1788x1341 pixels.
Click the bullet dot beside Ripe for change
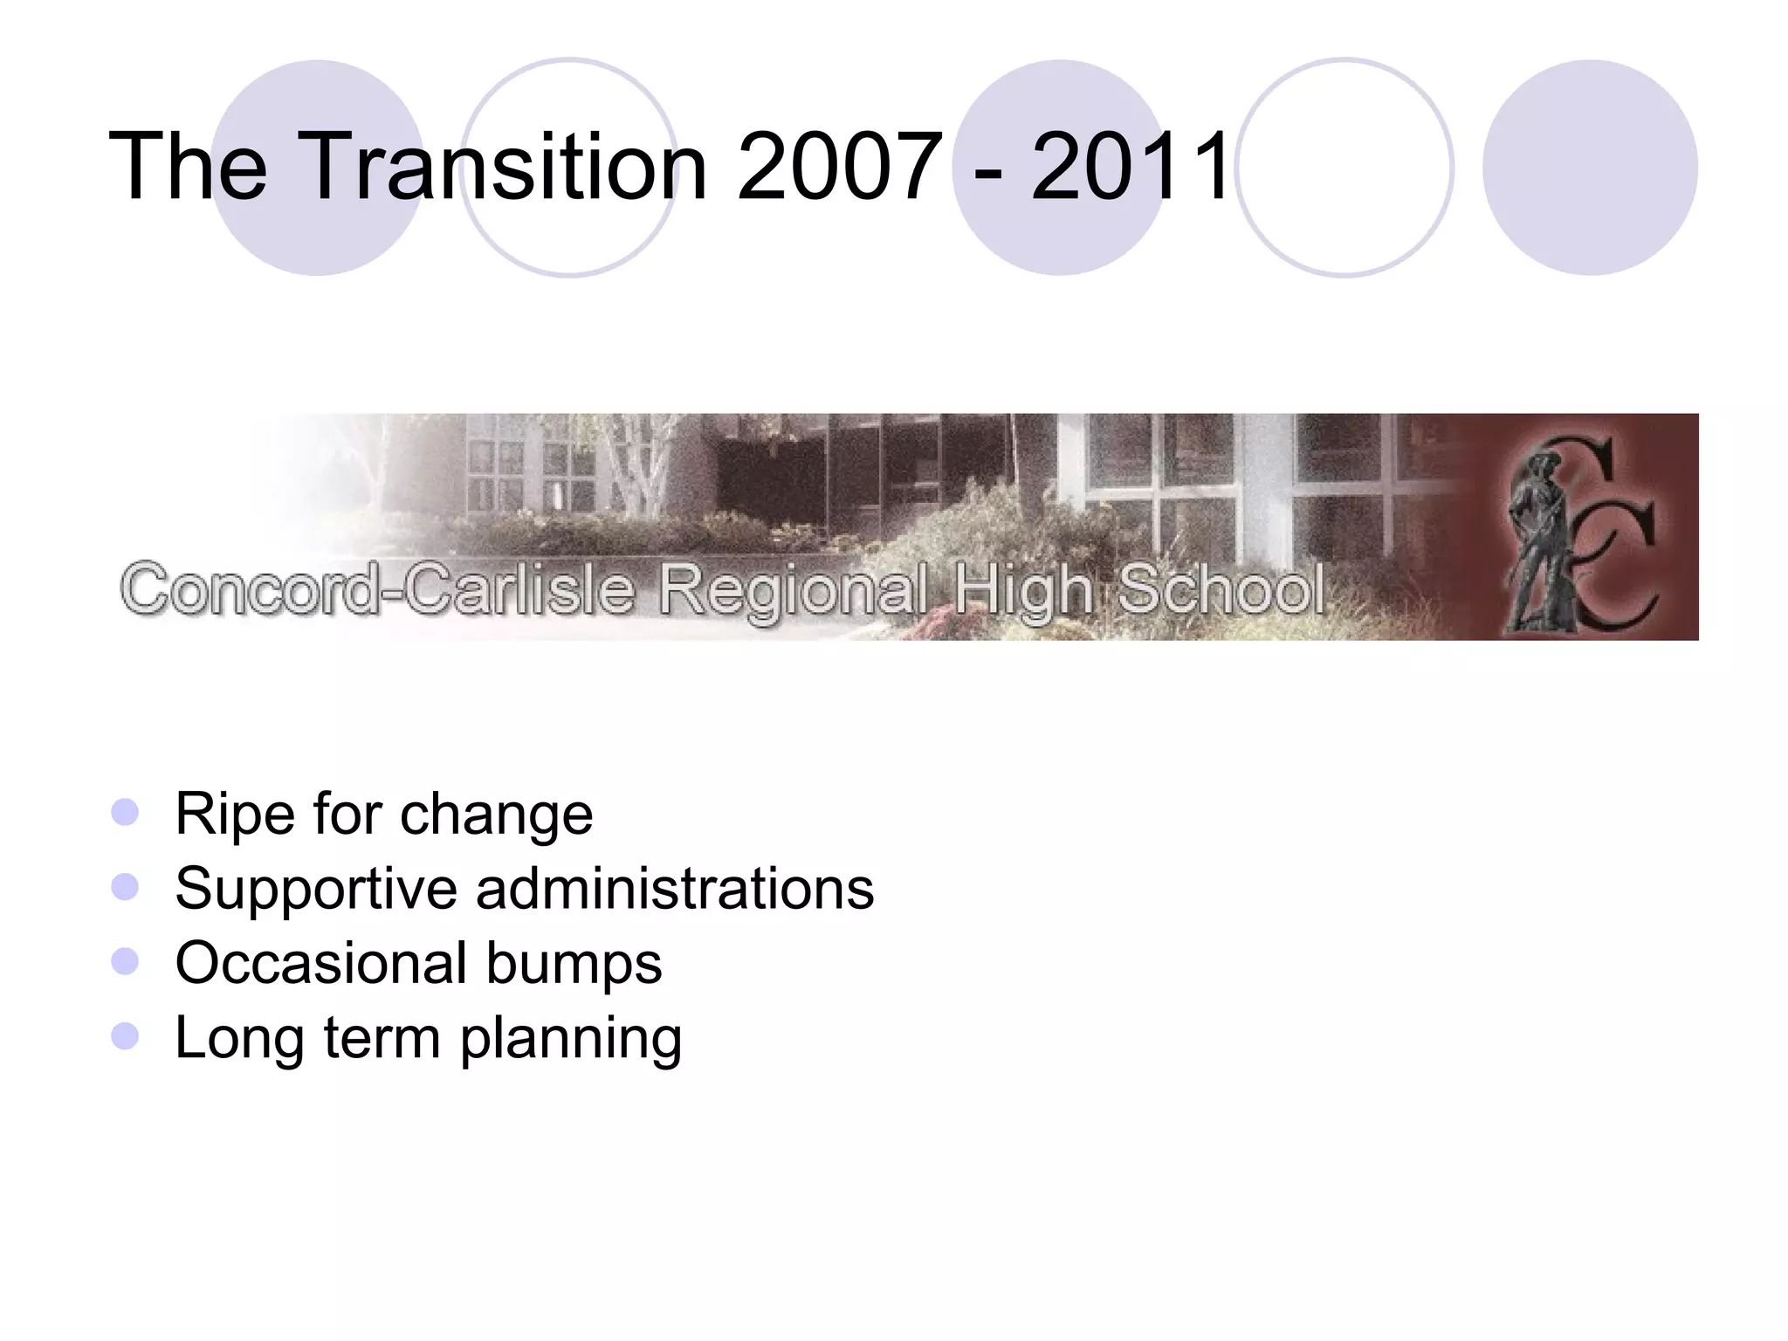tap(126, 813)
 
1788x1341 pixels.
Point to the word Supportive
tap(316, 889)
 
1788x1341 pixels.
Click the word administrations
tap(674, 889)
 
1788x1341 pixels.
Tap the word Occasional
tap(321, 963)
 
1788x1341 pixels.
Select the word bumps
tap(574, 965)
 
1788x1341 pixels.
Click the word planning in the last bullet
tap(571, 1039)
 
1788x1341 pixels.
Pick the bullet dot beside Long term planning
tap(126, 1036)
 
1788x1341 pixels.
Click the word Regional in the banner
tap(791, 590)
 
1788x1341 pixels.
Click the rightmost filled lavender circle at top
tap(1589, 168)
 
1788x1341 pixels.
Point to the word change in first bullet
tap(496, 815)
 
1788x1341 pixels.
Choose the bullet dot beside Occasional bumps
tap(126, 962)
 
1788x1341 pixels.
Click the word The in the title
tap(188, 166)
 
